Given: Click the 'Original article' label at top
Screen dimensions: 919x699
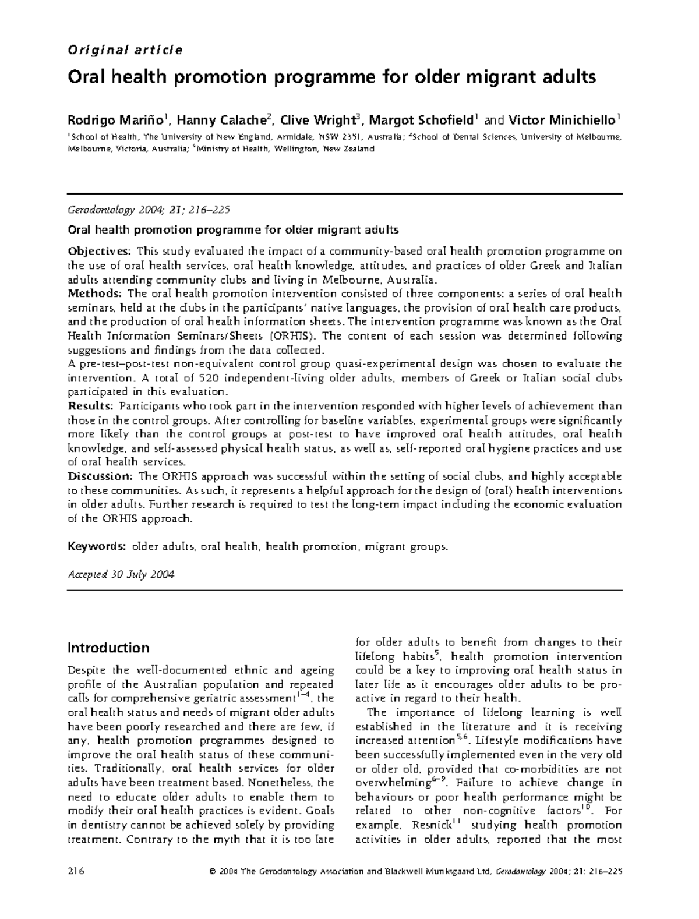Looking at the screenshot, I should (x=125, y=50).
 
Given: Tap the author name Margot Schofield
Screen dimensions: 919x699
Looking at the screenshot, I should (x=418, y=121).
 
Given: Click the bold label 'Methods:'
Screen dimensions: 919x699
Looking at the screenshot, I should (x=95, y=294).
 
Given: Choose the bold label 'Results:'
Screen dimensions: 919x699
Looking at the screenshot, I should (x=91, y=406).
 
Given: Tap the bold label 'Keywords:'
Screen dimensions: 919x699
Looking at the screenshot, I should (x=97, y=547).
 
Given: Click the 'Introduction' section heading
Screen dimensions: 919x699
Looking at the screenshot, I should (x=108, y=648).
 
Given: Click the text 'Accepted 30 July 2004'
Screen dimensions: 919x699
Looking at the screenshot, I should (x=121, y=575).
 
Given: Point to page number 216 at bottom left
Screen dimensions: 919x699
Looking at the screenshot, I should (x=76, y=872).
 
